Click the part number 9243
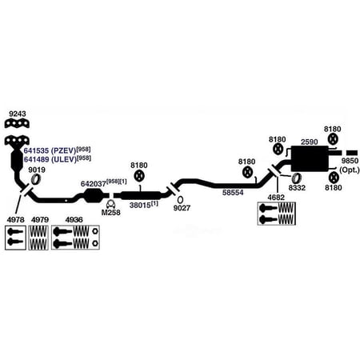click(x=18, y=114)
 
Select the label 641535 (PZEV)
click(x=50, y=150)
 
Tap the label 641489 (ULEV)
click(x=50, y=159)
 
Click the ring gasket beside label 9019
click(x=35, y=179)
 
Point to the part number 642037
click(x=94, y=184)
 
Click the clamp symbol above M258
click(x=110, y=204)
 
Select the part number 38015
click(x=140, y=205)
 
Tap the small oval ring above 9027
click(x=180, y=199)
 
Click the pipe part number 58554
click(x=233, y=193)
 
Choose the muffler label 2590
click(x=310, y=142)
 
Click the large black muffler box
click(x=310, y=158)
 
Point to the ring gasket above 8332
click(x=296, y=178)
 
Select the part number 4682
click(x=276, y=198)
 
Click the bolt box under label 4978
click(x=15, y=238)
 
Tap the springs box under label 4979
click(x=38, y=238)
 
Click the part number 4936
click(x=74, y=220)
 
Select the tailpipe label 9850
click(x=350, y=161)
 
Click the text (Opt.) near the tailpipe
click(x=350, y=170)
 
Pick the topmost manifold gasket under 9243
click(x=17, y=123)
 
